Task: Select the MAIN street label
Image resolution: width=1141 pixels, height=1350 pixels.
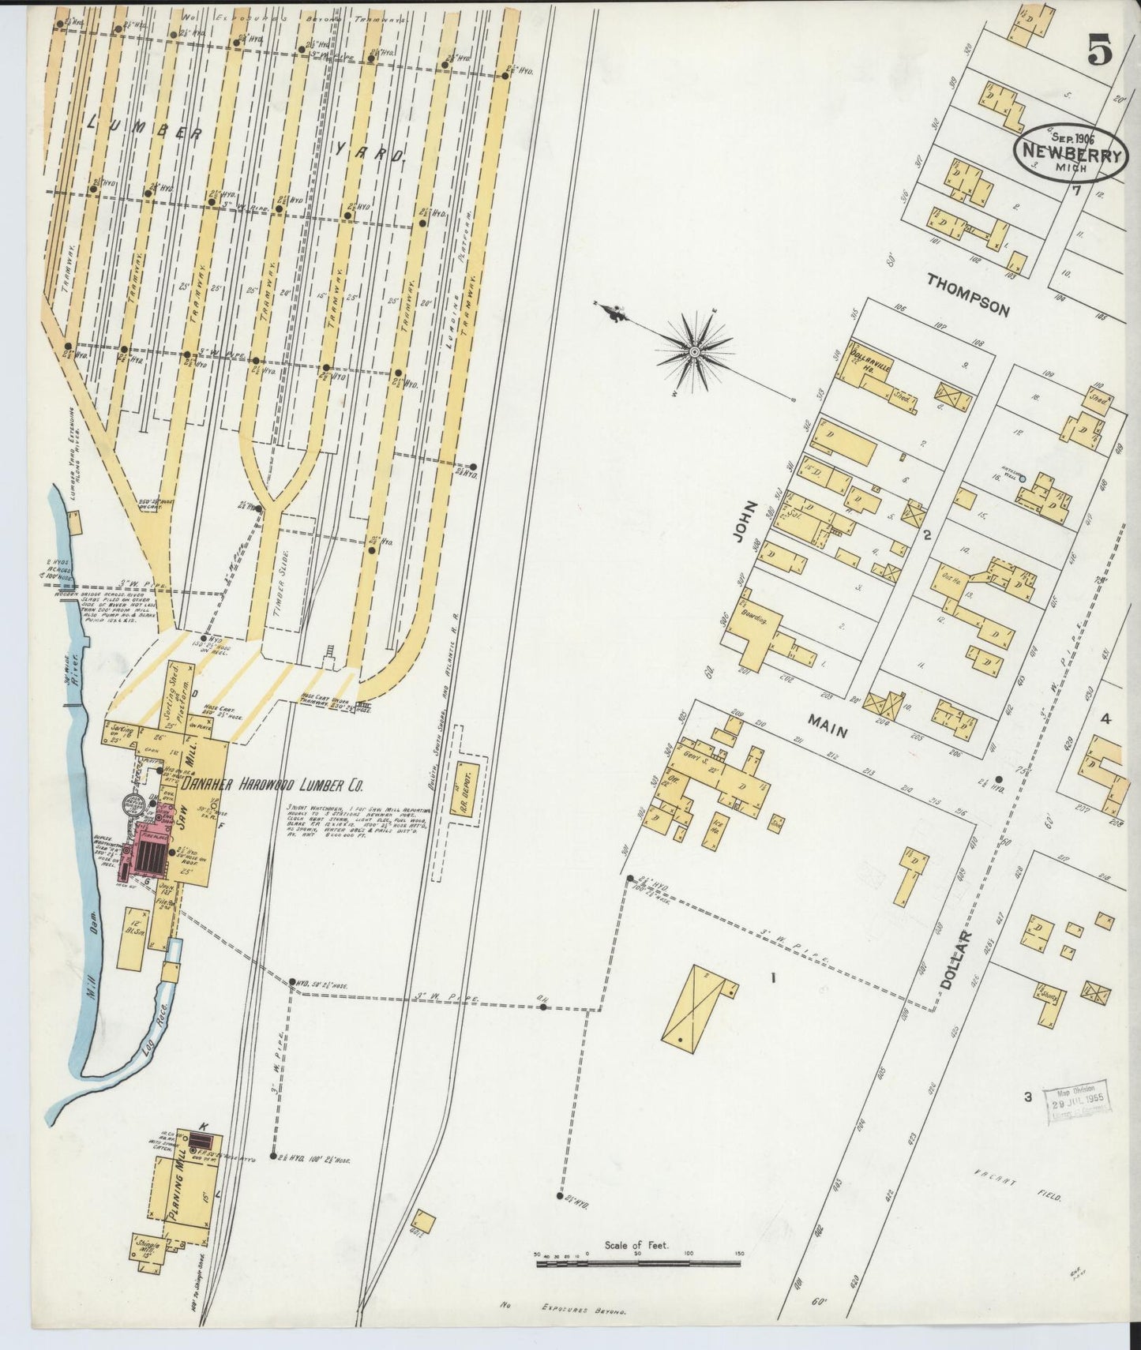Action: (x=827, y=726)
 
